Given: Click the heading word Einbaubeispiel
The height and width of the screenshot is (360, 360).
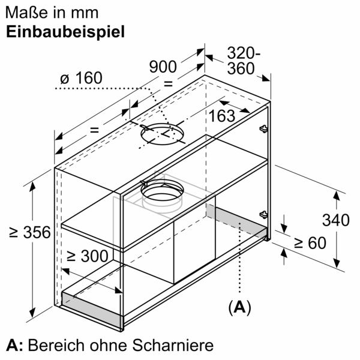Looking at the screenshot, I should point(66,32).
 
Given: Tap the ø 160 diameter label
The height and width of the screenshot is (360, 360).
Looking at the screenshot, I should point(82,78).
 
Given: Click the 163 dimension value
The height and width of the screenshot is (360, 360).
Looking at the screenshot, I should point(222,116).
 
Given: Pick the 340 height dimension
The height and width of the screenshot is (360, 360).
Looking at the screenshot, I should point(335,220).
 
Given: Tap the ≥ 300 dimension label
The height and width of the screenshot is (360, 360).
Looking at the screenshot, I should point(88,256).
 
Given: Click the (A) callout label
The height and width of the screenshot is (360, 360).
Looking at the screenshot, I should point(239,308).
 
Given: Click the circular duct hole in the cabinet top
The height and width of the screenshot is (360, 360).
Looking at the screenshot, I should point(161,136).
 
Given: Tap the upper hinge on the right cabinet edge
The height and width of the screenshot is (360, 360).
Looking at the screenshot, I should point(263,128).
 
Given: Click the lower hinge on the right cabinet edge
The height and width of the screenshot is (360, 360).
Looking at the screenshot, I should point(263,214).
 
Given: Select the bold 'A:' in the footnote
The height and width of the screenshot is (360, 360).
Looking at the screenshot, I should point(14,346).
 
